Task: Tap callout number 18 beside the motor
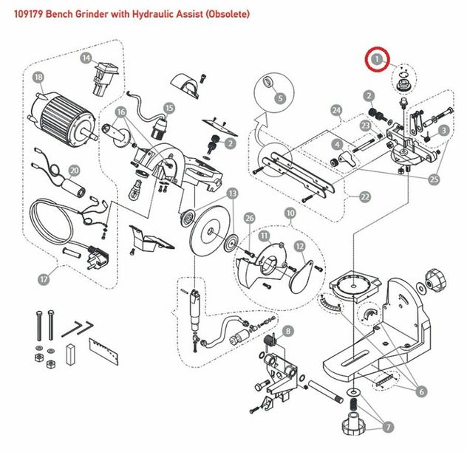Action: point(39,77)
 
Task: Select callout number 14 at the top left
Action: point(86,58)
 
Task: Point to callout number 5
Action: point(279,98)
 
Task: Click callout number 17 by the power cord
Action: point(44,279)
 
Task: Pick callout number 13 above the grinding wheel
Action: point(232,194)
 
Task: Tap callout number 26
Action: point(249,219)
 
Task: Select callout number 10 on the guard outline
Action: point(290,213)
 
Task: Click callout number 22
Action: point(364,197)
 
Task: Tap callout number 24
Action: point(336,112)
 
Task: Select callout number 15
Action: point(169,108)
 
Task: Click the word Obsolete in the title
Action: point(227,14)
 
